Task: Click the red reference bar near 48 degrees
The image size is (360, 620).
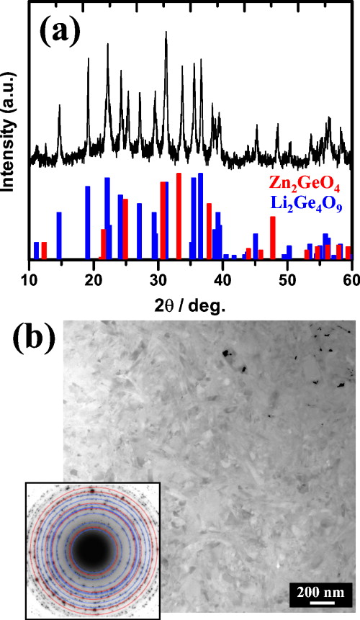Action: tap(273, 238)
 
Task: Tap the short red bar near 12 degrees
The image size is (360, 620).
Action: tap(44, 250)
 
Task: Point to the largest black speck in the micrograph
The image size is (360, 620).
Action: tap(229, 354)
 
